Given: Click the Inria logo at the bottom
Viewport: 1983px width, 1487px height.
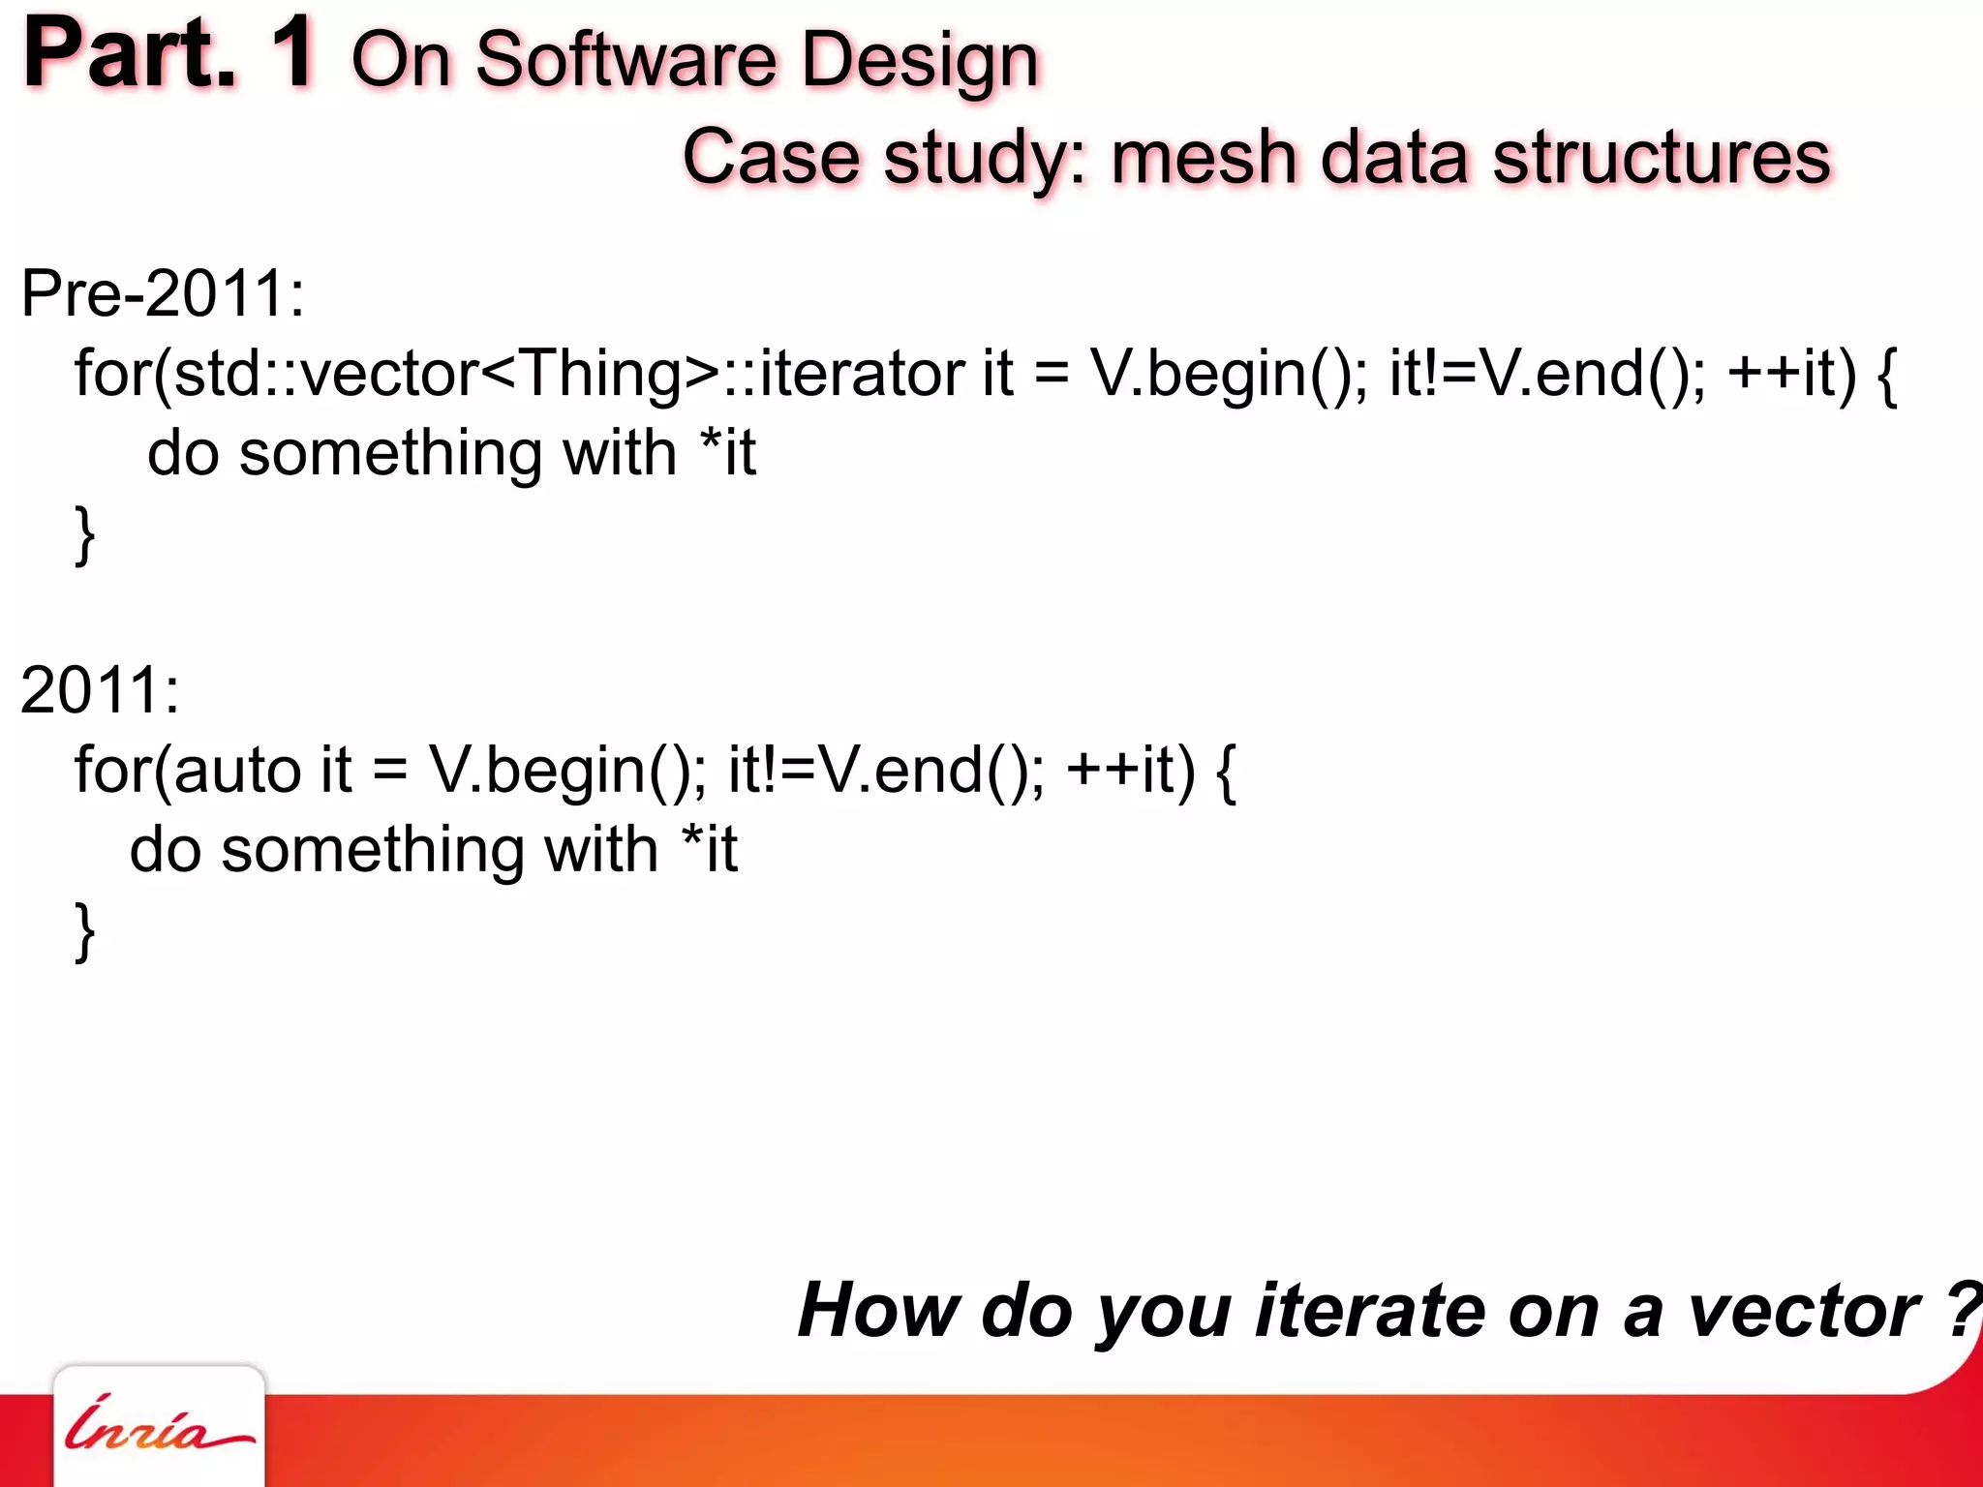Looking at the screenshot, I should pyautogui.click(x=159, y=1428).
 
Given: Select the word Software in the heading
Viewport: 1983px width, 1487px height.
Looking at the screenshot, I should pyautogui.click(x=625, y=60).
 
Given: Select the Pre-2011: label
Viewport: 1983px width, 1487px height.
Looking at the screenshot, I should pyautogui.click(x=163, y=293).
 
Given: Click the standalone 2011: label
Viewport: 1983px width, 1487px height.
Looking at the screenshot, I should pyautogui.click(x=100, y=690).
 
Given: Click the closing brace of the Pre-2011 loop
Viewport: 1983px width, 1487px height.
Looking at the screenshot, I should pyautogui.click(x=85, y=534).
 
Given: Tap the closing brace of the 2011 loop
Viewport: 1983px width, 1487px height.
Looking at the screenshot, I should pyautogui.click(x=85, y=931).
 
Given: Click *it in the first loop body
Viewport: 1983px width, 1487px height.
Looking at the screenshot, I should pyautogui.click(x=727, y=452).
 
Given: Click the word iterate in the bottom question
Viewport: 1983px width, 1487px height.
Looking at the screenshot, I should pyautogui.click(x=1370, y=1310).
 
